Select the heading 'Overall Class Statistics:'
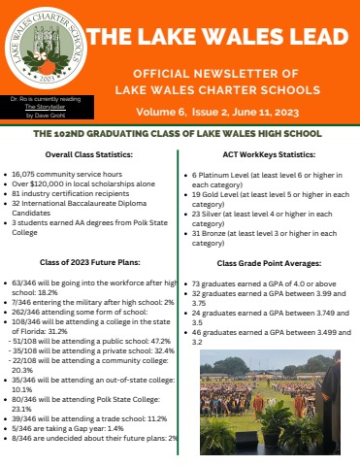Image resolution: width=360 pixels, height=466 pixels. coord(91,154)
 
